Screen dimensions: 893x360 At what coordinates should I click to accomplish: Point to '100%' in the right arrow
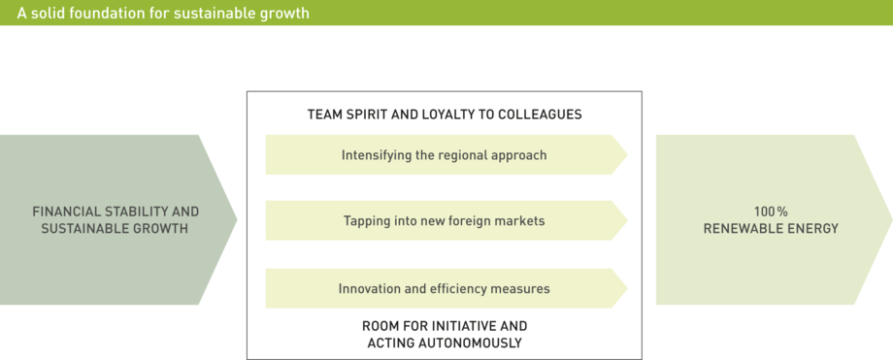(x=771, y=212)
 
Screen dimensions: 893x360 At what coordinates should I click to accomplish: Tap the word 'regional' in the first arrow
(x=462, y=155)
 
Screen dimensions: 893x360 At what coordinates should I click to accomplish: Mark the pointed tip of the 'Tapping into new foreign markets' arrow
(x=627, y=220)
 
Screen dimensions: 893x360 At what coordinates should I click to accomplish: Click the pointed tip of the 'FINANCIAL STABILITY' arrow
(x=237, y=219)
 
